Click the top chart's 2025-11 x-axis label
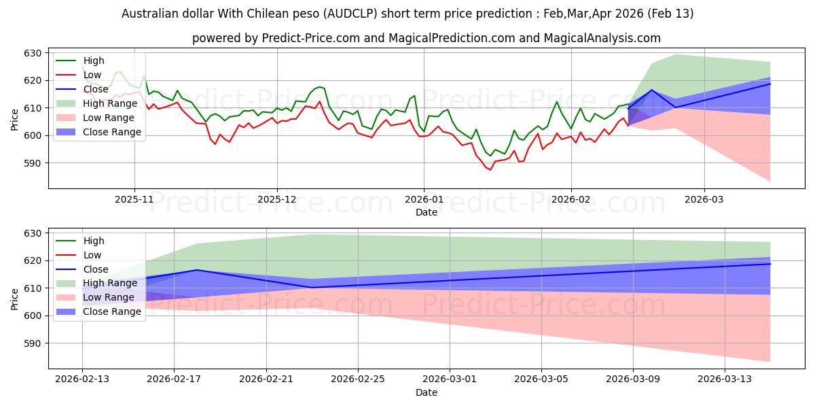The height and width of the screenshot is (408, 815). coord(134,200)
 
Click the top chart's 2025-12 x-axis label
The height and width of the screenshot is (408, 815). coord(277,200)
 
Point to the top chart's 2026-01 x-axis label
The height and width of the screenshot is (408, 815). coord(424,200)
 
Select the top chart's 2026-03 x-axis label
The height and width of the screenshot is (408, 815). coord(704,200)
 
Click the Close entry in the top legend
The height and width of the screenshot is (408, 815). coord(95,89)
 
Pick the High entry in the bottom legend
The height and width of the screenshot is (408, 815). coord(93,241)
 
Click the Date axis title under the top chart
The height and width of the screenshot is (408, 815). coord(426,212)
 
